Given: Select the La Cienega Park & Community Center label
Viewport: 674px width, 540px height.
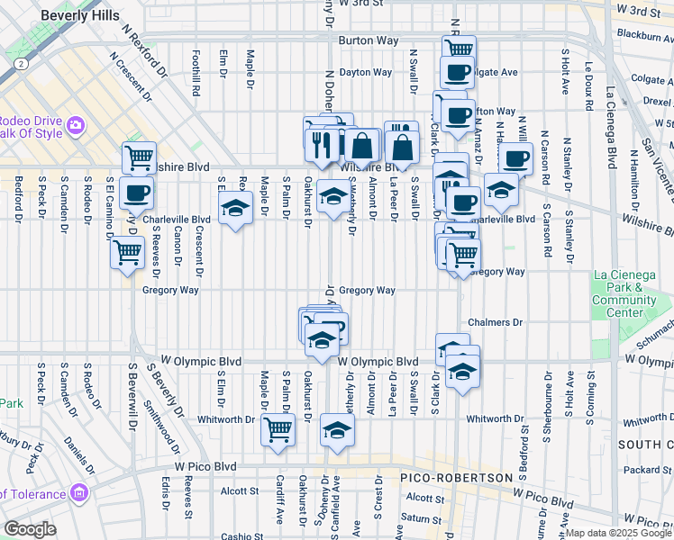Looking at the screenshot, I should click(x=631, y=300).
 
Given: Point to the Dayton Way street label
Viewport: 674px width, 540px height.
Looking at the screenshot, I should click(x=365, y=72).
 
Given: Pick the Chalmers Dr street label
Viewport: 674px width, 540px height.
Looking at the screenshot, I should click(x=495, y=322).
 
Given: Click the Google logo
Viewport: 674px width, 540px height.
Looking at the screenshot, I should click(x=30, y=529).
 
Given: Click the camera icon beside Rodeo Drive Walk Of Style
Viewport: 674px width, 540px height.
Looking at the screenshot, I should click(x=76, y=124).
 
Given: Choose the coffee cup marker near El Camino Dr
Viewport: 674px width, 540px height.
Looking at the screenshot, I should click(x=137, y=192).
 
